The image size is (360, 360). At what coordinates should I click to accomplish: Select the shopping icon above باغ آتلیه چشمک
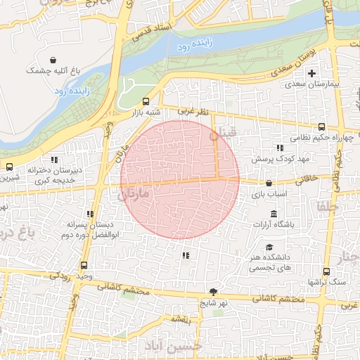tap(54, 60)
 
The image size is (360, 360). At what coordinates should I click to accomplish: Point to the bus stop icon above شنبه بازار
tap(146, 101)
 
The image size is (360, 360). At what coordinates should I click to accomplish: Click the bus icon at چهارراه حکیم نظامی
tap(321, 127)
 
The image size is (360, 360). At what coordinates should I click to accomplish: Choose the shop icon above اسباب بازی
tap(269, 183)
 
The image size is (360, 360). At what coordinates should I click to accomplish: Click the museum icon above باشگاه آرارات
tap(274, 214)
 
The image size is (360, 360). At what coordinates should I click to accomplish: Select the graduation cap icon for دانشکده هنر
tap(269, 247)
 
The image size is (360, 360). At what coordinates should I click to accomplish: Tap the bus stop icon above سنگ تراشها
tap(326, 271)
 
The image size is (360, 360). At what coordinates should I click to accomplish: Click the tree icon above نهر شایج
tap(213, 292)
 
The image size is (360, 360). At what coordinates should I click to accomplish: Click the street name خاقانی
tap(307, 179)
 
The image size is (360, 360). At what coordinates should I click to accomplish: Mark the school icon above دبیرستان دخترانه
tap(55, 160)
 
